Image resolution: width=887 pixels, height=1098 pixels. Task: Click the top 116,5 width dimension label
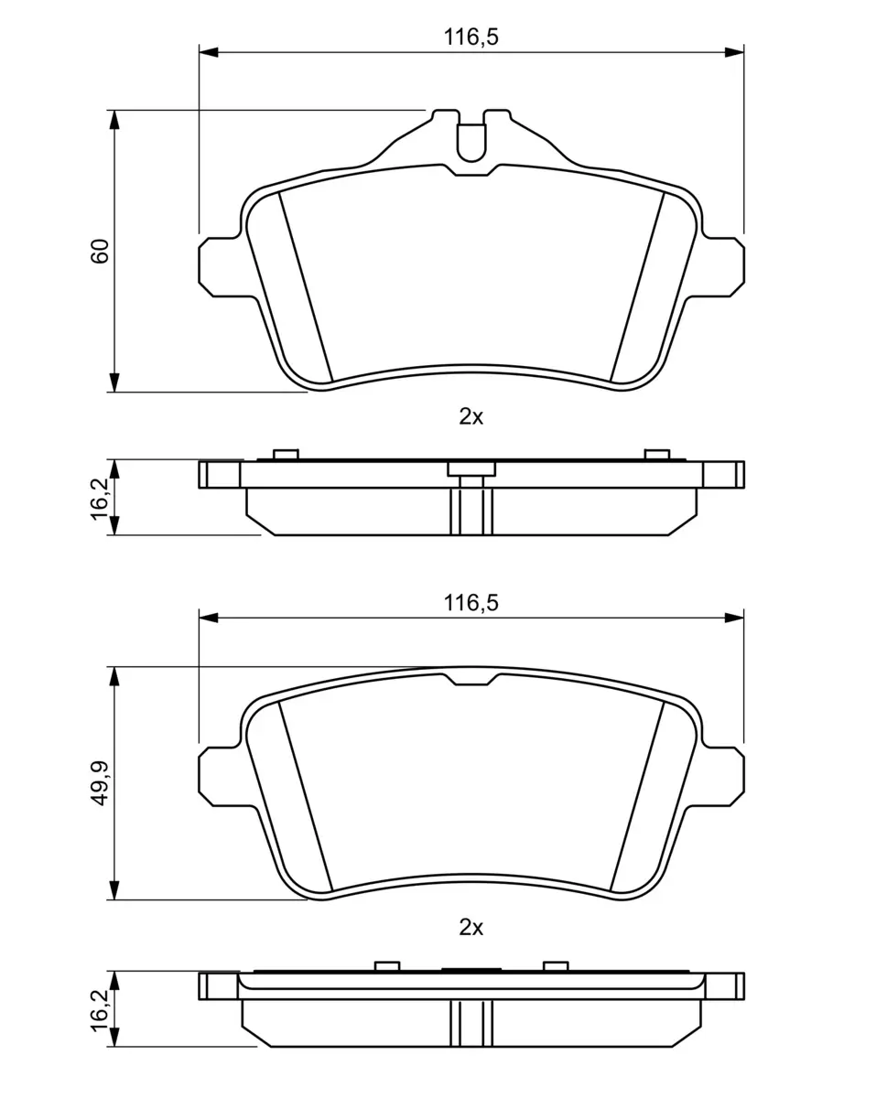point(471,38)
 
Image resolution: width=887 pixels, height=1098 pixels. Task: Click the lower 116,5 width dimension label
point(471,603)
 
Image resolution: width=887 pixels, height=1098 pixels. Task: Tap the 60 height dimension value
point(100,251)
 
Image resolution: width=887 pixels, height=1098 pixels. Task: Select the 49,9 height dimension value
point(100,783)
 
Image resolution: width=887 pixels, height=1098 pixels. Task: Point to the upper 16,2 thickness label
point(100,499)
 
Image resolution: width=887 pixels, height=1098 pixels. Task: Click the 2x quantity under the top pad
point(471,417)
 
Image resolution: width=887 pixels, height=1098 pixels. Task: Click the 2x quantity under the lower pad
point(471,928)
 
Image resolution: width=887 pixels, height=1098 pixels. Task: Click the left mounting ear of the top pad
point(219,267)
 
